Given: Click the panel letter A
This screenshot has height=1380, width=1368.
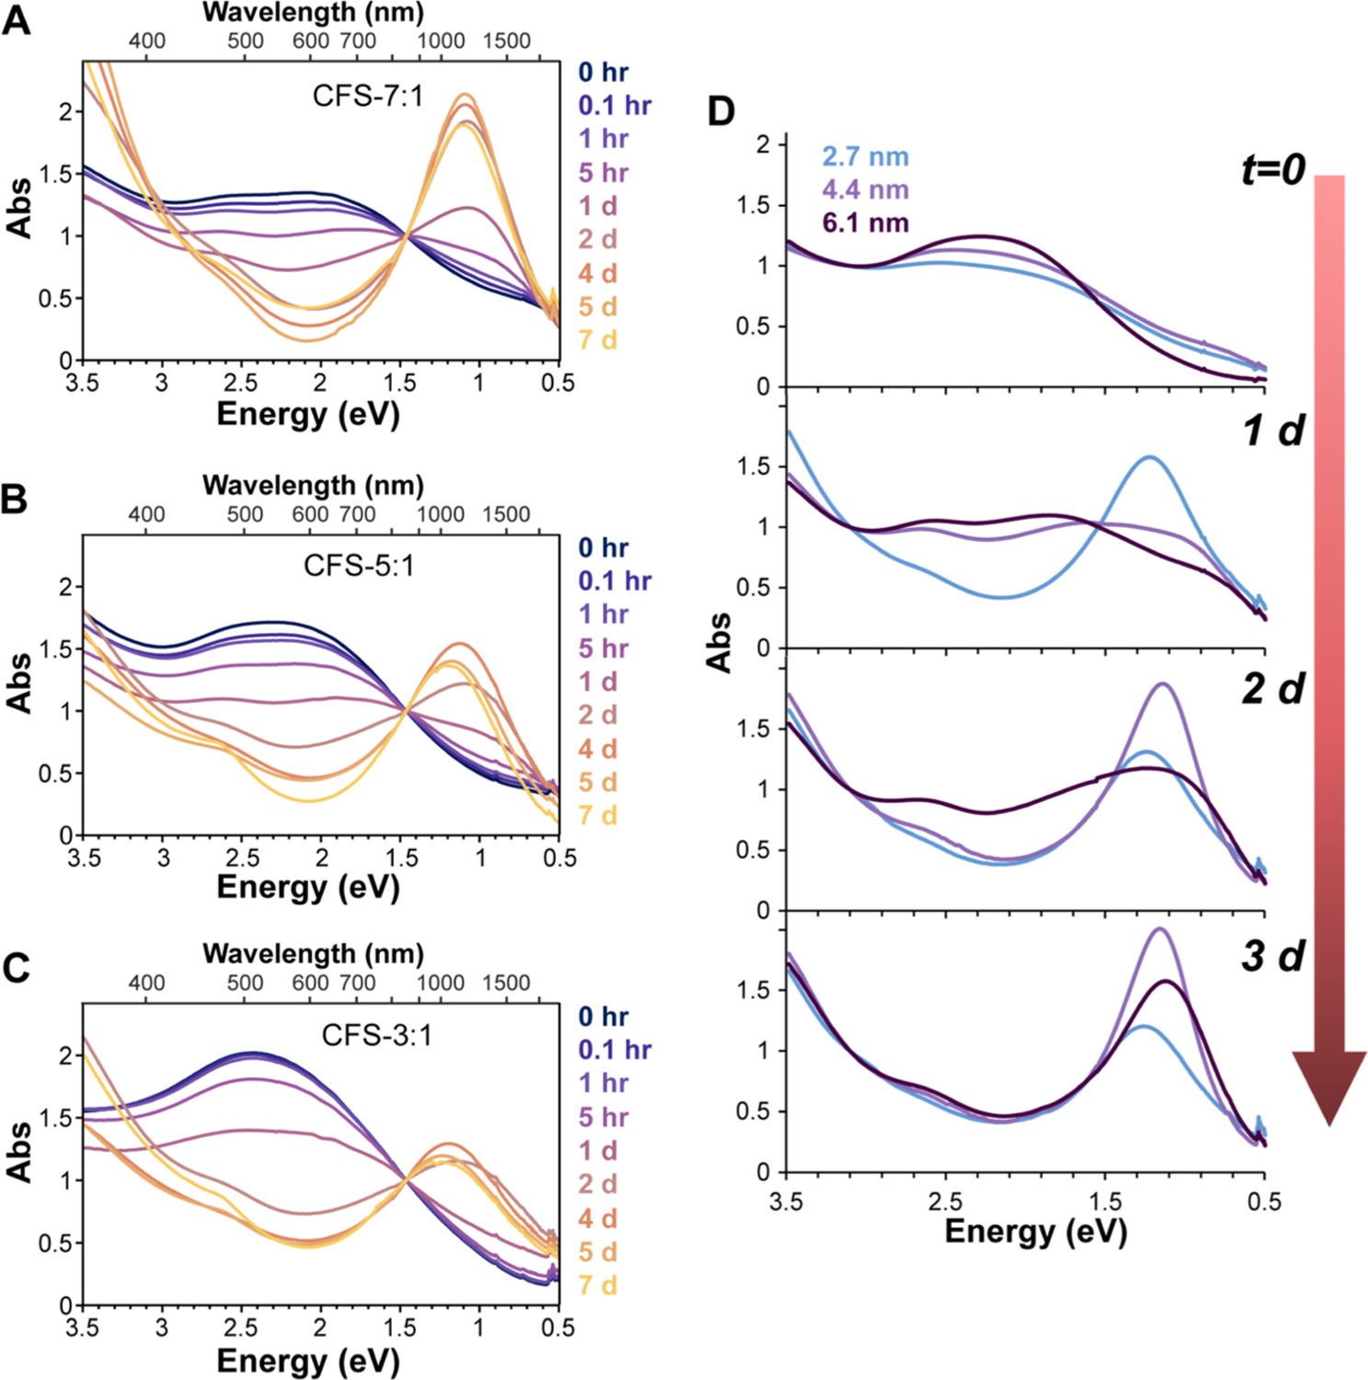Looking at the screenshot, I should [17, 20].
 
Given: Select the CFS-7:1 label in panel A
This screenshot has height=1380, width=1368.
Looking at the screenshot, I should [367, 96].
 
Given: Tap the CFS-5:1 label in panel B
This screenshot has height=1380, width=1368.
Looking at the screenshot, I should [359, 565].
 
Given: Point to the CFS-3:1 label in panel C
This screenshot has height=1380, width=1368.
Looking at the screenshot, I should [376, 1035].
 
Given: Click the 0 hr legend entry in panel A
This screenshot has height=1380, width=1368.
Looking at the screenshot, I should [603, 72].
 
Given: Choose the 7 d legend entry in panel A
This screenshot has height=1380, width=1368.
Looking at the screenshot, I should [597, 339].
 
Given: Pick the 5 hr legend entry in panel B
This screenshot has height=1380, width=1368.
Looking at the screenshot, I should [603, 648].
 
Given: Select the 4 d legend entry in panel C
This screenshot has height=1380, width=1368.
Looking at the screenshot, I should [597, 1218].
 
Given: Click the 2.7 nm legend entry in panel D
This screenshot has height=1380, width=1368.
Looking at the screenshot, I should [865, 156].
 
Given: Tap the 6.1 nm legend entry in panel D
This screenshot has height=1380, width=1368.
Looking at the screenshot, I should [865, 223].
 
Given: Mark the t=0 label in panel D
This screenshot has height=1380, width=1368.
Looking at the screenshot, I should [1273, 169].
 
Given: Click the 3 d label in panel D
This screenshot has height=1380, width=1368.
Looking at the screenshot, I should [1273, 957].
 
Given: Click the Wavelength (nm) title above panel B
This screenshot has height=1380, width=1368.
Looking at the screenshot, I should [313, 485].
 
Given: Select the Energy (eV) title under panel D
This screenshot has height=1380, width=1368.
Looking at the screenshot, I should [1036, 1231].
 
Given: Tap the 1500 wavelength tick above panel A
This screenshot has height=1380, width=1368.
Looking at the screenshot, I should [506, 40].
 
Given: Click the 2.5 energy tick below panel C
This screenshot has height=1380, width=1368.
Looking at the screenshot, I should [241, 1327].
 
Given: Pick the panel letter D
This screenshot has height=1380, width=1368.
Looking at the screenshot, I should [720, 111].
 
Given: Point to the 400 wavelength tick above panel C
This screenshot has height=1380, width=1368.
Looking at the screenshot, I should [146, 983].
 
